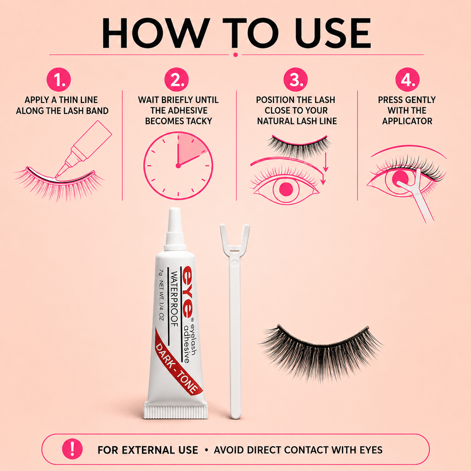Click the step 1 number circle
tap(59, 80)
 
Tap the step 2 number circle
tap(177, 80)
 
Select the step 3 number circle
tap(296, 80)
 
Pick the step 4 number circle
tap(408, 80)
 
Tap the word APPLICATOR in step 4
tap(407, 121)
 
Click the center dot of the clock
tap(178, 166)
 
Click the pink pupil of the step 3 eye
tap(286, 189)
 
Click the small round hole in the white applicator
tap(234, 263)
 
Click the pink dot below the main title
tap(235, 55)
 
